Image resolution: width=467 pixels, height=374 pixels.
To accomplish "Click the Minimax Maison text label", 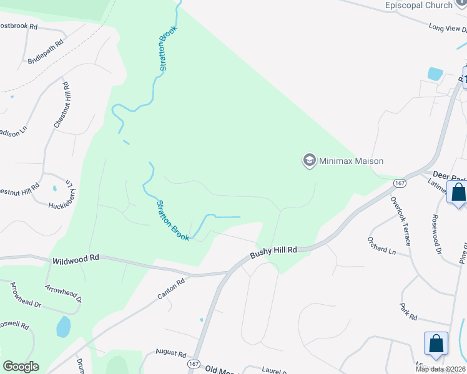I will point(351,161).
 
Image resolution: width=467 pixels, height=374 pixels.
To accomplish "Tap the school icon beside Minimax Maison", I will point(308,161).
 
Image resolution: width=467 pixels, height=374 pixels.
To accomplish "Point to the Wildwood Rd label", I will point(76,257).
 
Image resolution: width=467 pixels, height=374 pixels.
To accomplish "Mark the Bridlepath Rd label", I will point(46,52).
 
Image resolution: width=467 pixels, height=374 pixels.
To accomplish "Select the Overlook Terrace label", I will point(400,220).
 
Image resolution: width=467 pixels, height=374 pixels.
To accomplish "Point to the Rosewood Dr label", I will point(436,236).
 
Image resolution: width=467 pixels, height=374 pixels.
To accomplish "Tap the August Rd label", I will point(171,353).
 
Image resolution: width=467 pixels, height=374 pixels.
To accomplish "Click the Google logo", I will point(21,367).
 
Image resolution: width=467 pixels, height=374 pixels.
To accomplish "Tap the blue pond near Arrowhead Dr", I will point(63,326).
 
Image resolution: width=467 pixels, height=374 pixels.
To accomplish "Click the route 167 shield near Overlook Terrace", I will point(400,183).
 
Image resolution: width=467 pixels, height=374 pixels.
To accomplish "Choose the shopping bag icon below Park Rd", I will point(436,343).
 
